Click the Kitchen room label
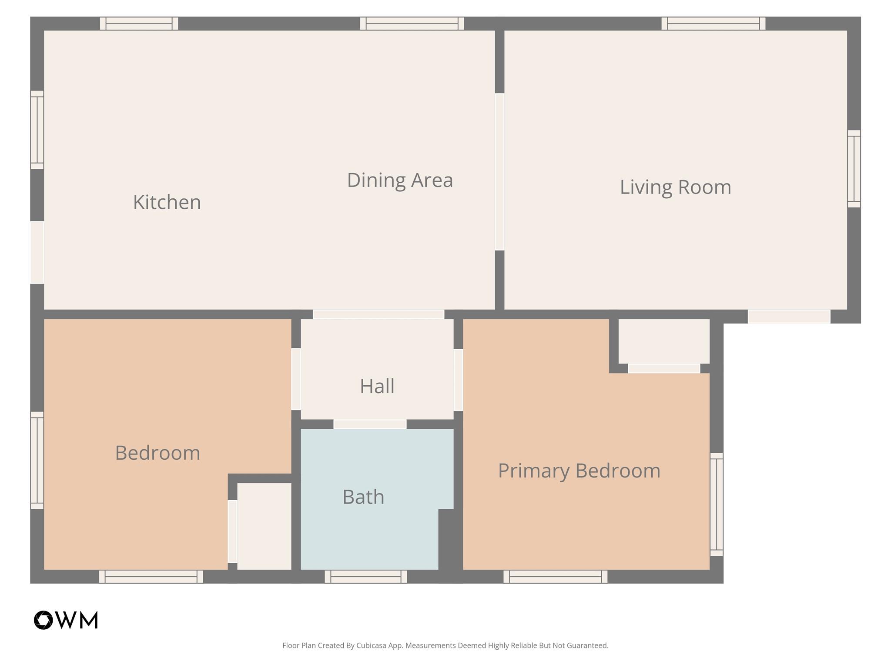(167, 203)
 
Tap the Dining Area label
(400, 180)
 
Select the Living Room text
(675, 187)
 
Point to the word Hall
(377, 386)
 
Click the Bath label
(363, 497)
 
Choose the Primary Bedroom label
(579, 471)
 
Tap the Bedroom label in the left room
(157, 453)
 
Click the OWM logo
(66, 620)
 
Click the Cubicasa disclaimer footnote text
(445, 645)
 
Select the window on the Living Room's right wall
(854, 169)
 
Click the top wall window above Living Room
(713, 23)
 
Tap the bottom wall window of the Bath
(366, 577)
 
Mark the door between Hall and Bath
(370, 424)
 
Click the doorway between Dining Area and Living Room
(499, 172)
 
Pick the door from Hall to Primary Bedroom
(458, 380)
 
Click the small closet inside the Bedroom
(264, 526)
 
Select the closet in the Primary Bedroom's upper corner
(664, 341)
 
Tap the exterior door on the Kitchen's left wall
(37, 253)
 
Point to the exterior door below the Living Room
(789, 316)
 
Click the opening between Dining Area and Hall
(379, 314)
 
